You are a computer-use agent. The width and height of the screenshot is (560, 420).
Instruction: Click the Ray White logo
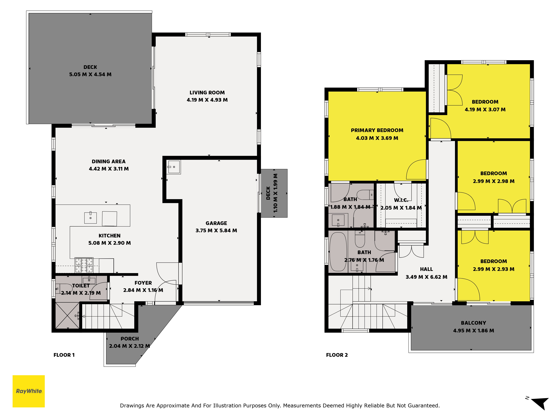coord(29,391)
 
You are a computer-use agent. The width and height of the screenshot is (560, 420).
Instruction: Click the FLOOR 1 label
coord(64,355)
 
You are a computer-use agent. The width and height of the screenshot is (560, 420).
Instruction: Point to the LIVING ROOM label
coord(207,93)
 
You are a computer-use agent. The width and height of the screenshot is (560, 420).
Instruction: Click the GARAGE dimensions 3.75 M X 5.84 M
coord(216,231)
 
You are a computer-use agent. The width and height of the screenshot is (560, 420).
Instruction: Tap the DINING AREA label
coord(109,162)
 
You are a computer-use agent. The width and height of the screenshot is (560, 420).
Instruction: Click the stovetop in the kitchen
coord(84,265)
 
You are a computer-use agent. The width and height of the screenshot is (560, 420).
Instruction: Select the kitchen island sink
coord(90,218)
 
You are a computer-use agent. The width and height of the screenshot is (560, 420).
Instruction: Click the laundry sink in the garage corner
coord(174,167)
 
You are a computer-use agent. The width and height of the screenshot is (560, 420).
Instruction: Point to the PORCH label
coord(130,339)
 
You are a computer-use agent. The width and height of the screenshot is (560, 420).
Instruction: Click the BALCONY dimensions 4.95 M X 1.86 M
coord(473,331)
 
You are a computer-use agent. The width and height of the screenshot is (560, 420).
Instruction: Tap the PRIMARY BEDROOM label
coord(377,130)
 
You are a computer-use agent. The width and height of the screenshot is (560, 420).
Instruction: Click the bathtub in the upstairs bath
coord(338,252)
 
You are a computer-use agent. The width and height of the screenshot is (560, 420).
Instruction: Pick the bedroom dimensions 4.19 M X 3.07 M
coord(485,110)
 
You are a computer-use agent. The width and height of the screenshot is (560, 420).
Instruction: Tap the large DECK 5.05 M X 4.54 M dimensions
coord(90,74)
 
